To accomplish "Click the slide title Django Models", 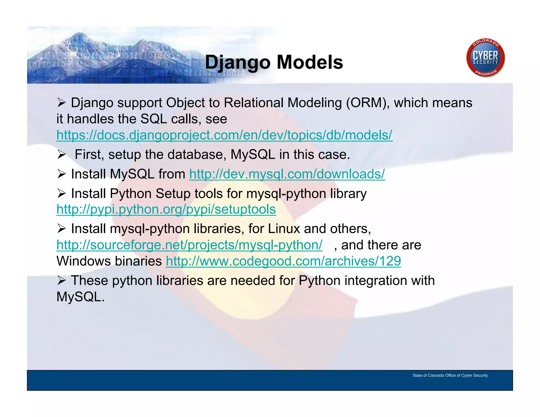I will [x=274, y=62].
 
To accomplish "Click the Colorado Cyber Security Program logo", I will [x=485, y=58].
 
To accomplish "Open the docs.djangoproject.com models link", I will [x=224, y=135].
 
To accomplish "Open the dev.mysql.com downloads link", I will [x=287, y=174].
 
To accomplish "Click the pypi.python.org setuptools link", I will [x=166, y=209].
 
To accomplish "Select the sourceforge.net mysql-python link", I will [x=189, y=245].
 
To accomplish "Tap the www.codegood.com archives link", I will [x=283, y=261].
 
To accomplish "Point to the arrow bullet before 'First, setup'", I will [x=61, y=154].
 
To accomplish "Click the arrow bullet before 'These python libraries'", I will [x=61, y=280].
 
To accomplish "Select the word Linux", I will [x=284, y=229].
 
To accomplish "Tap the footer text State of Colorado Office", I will [x=450, y=375].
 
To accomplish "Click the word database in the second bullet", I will [x=197, y=154].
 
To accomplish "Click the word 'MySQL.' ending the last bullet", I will [x=80, y=297].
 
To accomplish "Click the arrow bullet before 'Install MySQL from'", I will [x=61, y=174].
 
